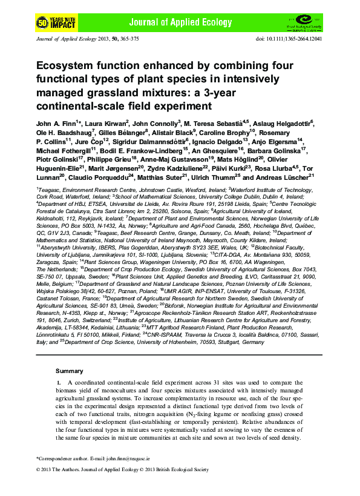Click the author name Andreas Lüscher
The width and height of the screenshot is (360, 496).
point(287,177)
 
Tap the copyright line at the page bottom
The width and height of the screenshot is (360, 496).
point(122,469)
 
